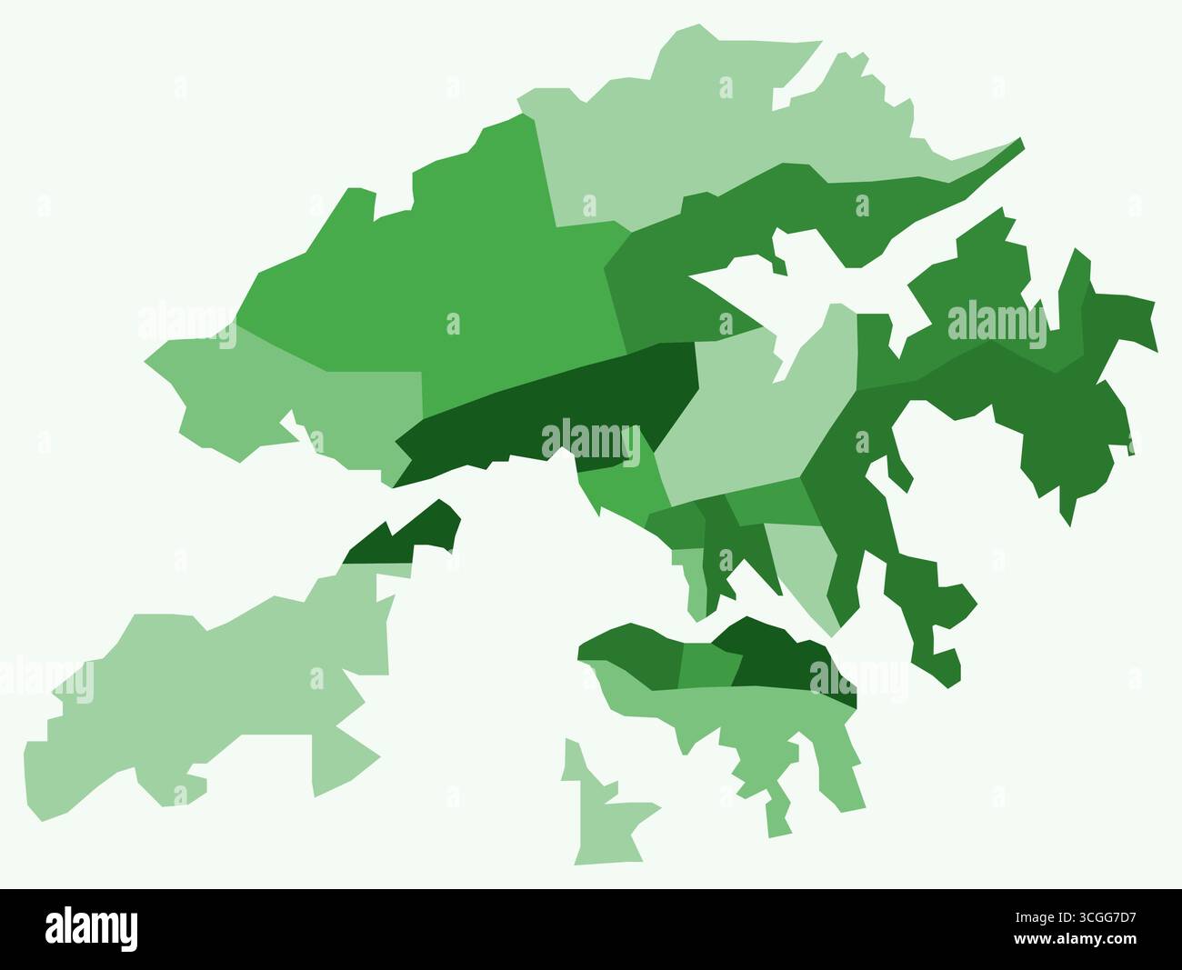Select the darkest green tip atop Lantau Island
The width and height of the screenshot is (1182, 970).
click(x=400, y=541)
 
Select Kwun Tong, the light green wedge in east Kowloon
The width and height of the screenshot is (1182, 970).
click(x=800, y=564)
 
